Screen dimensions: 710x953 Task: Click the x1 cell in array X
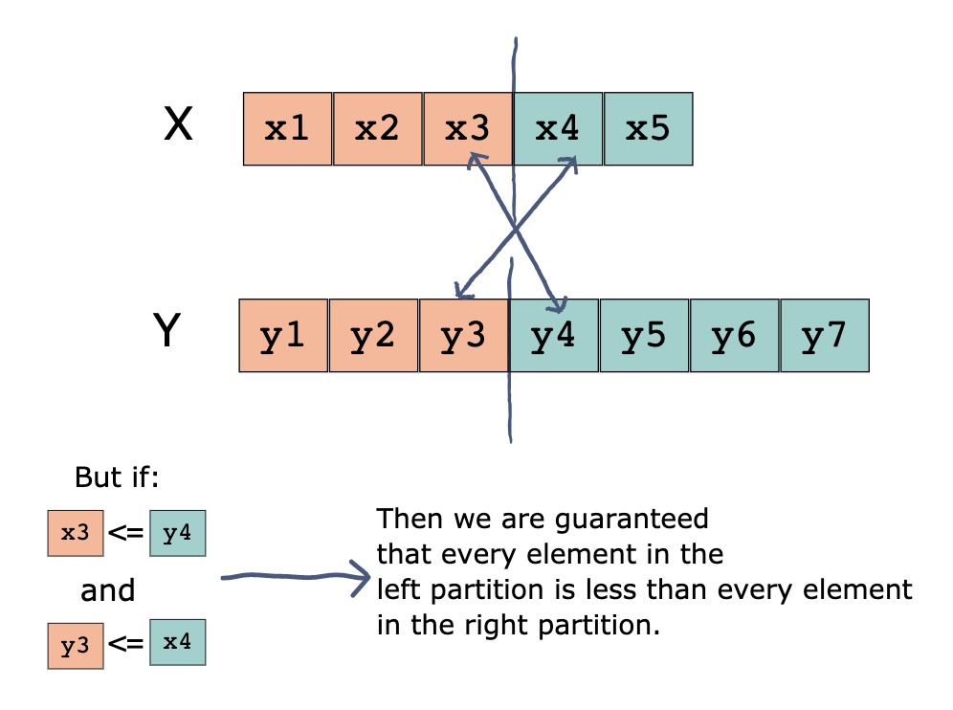pos(287,129)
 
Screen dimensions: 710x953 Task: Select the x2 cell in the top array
pos(377,129)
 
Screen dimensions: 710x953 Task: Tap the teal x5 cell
pos(648,129)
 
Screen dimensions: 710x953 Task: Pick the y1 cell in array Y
pos(283,336)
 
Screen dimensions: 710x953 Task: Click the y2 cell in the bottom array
pos(373,336)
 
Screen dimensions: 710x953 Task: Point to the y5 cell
pos(644,336)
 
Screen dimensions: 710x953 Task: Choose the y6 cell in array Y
pos(734,336)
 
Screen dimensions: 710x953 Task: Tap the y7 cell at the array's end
pos(825,336)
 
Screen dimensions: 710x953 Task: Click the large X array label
pos(178,125)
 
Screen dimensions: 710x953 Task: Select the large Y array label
pos(166,332)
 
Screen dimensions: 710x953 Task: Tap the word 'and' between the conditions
pos(108,590)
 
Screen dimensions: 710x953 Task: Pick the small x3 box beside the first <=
pos(76,534)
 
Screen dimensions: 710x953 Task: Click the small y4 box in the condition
pos(177,534)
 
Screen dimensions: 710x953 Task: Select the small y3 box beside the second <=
pos(76,645)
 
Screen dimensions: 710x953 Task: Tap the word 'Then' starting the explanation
pos(403,520)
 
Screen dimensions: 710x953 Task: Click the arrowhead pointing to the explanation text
pos(363,576)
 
